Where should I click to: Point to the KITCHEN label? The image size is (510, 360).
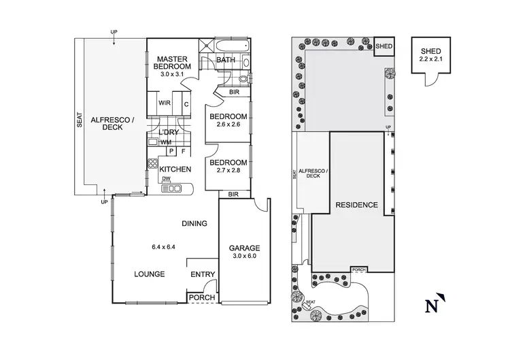[x=175, y=169]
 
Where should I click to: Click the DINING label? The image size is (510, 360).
[x=194, y=224]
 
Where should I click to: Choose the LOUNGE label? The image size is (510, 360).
[x=150, y=274]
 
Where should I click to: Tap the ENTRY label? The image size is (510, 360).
[x=203, y=275]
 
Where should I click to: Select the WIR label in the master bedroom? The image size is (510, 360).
[x=164, y=104]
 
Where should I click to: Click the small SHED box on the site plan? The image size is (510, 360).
[x=384, y=46]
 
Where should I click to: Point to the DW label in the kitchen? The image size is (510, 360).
[x=166, y=179]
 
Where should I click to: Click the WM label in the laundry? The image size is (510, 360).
[x=165, y=142]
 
